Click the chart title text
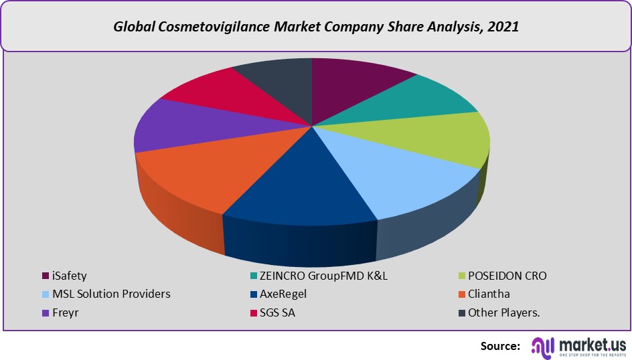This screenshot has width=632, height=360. (x=316, y=27)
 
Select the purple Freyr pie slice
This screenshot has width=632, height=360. (x=171, y=127)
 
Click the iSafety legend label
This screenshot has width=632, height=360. (x=70, y=276)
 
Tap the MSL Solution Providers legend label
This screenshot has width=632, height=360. (x=112, y=294)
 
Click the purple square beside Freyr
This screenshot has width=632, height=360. (x=45, y=312)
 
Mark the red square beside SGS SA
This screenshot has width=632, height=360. (x=254, y=312)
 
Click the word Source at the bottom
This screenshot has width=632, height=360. (x=500, y=346)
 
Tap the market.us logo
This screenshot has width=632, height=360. (x=579, y=346)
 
